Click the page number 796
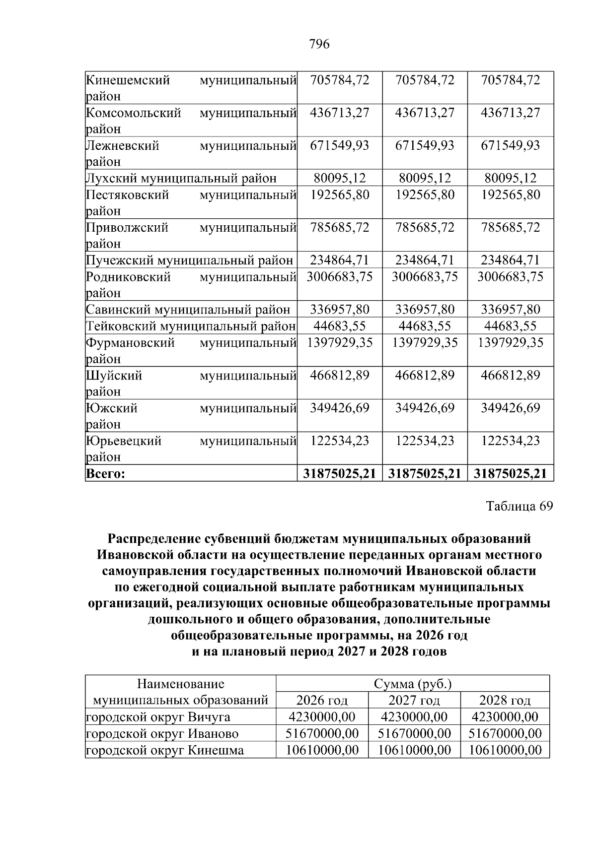(x=319, y=44)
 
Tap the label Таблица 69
(x=519, y=506)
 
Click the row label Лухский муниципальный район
(x=181, y=178)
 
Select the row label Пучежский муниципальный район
(x=189, y=260)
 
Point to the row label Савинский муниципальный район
(x=188, y=310)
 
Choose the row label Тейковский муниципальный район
(x=191, y=326)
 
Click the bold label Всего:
(x=105, y=473)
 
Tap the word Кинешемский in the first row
(x=128, y=80)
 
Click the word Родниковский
(x=128, y=276)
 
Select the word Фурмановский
(x=130, y=342)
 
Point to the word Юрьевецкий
(x=124, y=441)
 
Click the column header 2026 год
(x=322, y=700)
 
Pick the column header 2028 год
(x=505, y=700)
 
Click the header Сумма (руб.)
(x=413, y=684)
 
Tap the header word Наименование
(x=180, y=684)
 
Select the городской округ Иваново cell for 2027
(x=414, y=733)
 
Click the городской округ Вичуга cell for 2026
(x=322, y=716)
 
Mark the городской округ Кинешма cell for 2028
(x=505, y=750)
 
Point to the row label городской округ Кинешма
(x=165, y=750)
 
